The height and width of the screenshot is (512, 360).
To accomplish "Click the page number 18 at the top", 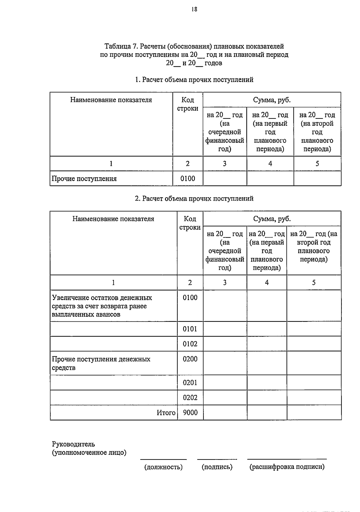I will (194, 9).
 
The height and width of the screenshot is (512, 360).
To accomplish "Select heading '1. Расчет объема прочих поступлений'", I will (194, 80).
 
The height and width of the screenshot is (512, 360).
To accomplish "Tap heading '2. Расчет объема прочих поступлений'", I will (194, 198).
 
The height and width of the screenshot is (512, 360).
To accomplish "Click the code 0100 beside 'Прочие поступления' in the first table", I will (187, 179).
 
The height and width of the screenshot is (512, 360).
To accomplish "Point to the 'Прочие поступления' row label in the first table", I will (84, 179).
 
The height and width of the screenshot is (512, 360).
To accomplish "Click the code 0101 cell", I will (190, 329).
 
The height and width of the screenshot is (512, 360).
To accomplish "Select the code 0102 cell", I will (190, 344).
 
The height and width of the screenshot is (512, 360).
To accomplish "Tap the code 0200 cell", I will (190, 359).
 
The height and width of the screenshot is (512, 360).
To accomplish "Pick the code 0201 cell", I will (190, 383).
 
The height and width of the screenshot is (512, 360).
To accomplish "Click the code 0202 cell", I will (190, 398).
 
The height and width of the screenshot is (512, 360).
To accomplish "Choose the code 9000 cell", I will (190, 413).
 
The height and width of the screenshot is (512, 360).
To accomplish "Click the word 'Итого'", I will (166, 413).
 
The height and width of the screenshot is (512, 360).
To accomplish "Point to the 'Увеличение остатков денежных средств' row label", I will (102, 306).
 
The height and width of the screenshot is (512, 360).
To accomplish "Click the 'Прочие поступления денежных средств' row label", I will (101, 363).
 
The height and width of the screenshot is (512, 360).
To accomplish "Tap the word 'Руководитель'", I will (73, 444).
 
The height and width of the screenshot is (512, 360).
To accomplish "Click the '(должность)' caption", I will (163, 467).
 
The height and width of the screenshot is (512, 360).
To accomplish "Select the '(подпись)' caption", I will (217, 467).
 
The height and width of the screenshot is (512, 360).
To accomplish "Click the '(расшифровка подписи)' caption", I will (287, 467).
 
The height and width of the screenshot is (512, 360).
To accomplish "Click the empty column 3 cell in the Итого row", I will (225, 413).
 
